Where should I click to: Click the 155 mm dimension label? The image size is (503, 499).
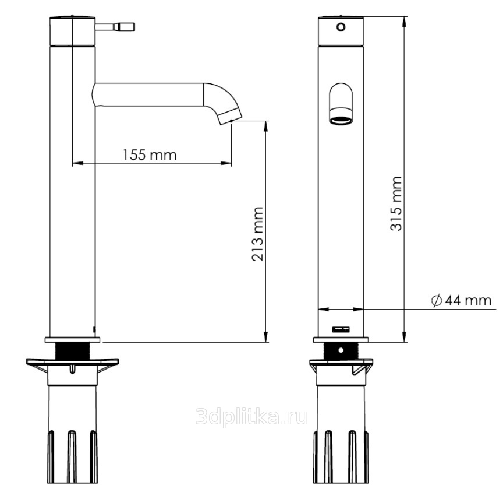[150, 155]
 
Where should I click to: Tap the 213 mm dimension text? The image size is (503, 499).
[257, 234]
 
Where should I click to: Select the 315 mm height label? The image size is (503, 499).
[396, 203]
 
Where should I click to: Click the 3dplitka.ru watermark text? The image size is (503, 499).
[252, 416]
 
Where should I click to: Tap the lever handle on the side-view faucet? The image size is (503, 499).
[115, 27]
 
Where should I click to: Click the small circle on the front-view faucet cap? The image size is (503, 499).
[341, 27]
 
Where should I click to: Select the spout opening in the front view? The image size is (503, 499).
[341, 121]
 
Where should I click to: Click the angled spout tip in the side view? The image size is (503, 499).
[231, 117]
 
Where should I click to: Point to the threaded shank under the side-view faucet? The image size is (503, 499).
[73, 351]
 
